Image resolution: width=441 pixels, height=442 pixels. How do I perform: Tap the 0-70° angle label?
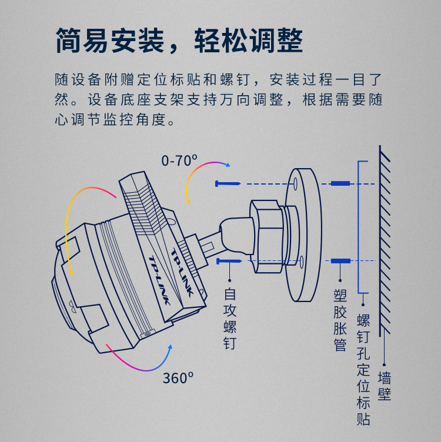179,159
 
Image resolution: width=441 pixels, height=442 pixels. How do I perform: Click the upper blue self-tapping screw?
228,184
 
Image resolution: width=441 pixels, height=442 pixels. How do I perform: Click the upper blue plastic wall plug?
340,184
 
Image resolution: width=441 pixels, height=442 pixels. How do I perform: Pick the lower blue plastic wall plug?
340,260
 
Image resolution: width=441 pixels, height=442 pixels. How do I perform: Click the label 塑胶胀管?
340,320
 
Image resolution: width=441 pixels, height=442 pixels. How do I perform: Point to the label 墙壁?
385,386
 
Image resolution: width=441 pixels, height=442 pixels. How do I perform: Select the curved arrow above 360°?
141,359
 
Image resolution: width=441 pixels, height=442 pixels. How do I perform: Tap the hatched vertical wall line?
382,241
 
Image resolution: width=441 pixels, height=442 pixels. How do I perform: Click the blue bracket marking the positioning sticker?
366,229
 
